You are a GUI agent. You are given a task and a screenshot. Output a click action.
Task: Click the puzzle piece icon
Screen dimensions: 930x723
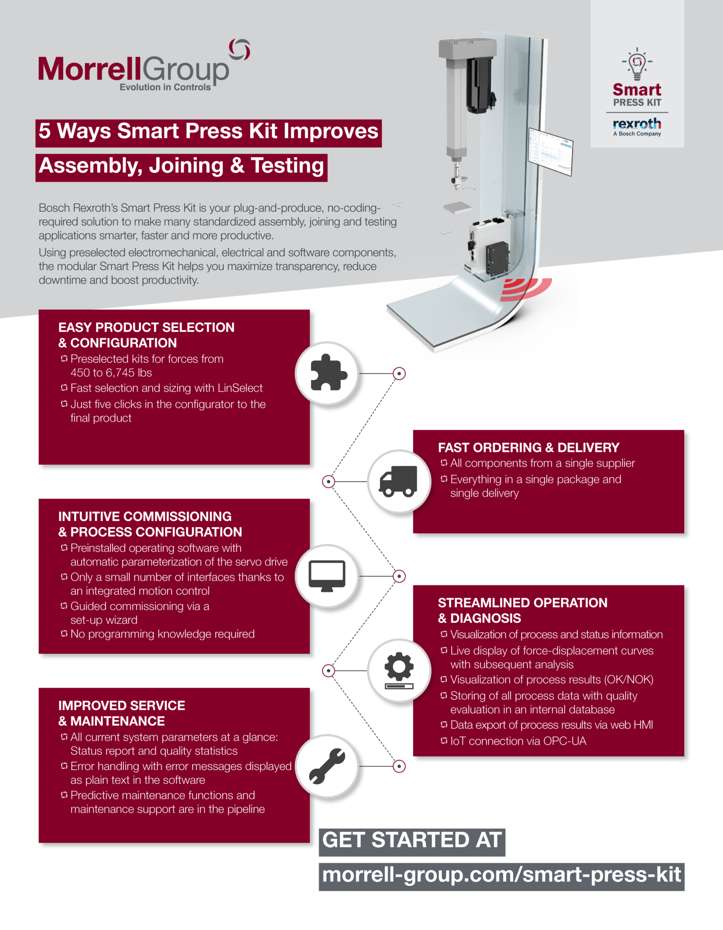point(328,373)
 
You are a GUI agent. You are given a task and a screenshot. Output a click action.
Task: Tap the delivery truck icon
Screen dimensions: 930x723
point(398,481)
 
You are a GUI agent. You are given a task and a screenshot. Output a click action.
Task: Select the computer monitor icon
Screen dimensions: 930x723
point(327,576)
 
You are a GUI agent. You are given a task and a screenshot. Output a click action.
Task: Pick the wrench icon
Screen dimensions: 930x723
point(327,766)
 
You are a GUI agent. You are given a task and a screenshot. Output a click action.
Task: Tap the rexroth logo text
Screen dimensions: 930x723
point(637,124)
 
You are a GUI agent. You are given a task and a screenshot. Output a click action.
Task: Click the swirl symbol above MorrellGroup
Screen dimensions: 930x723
point(240,50)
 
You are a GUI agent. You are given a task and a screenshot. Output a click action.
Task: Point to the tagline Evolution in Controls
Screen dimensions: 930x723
point(165,87)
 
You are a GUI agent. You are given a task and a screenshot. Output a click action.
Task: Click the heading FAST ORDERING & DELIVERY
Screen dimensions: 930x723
point(528,448)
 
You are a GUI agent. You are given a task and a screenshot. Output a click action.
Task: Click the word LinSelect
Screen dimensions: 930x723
point(240,388)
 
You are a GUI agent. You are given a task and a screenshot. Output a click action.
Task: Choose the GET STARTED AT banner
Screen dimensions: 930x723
point(412,840)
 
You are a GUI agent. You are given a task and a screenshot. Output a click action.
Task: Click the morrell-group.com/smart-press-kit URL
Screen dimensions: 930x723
point(501,875)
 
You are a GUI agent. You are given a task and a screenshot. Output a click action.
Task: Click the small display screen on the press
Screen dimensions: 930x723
point(550,151)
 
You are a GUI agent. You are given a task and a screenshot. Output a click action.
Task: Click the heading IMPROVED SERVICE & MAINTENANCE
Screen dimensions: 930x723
point(121,713)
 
